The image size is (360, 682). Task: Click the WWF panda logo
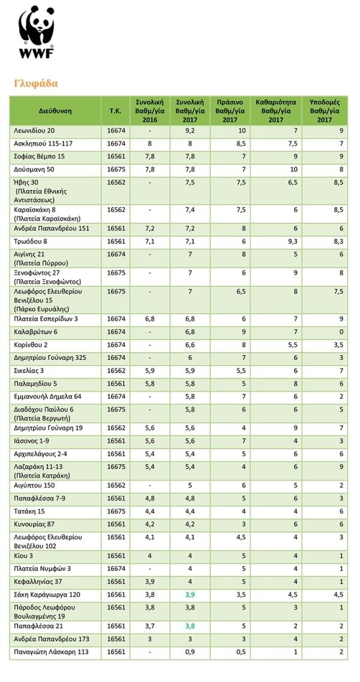tap(36, 33)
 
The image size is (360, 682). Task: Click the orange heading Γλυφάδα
tap(35, 83)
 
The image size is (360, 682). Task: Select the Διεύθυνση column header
tap(55, 111)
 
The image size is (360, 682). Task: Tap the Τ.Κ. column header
tap(116, 111)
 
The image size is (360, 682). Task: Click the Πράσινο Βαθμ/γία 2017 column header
tap(230, 111)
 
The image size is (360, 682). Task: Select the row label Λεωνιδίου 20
tap(34, 130)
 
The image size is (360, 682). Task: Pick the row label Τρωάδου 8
tap(30, 241)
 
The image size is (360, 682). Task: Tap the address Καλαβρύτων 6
tap(35, 331)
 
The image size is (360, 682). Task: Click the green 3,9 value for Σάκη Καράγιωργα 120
tap(191, 594)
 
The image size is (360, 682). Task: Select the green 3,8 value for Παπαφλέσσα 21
tap(191, 625)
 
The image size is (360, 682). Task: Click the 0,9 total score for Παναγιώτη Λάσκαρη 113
tap(191, 651)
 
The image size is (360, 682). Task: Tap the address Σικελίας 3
tap(29, 371)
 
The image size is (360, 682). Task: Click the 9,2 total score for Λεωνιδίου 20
tap(191, 130)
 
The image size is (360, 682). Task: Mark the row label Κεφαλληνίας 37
tap(38, 581)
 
